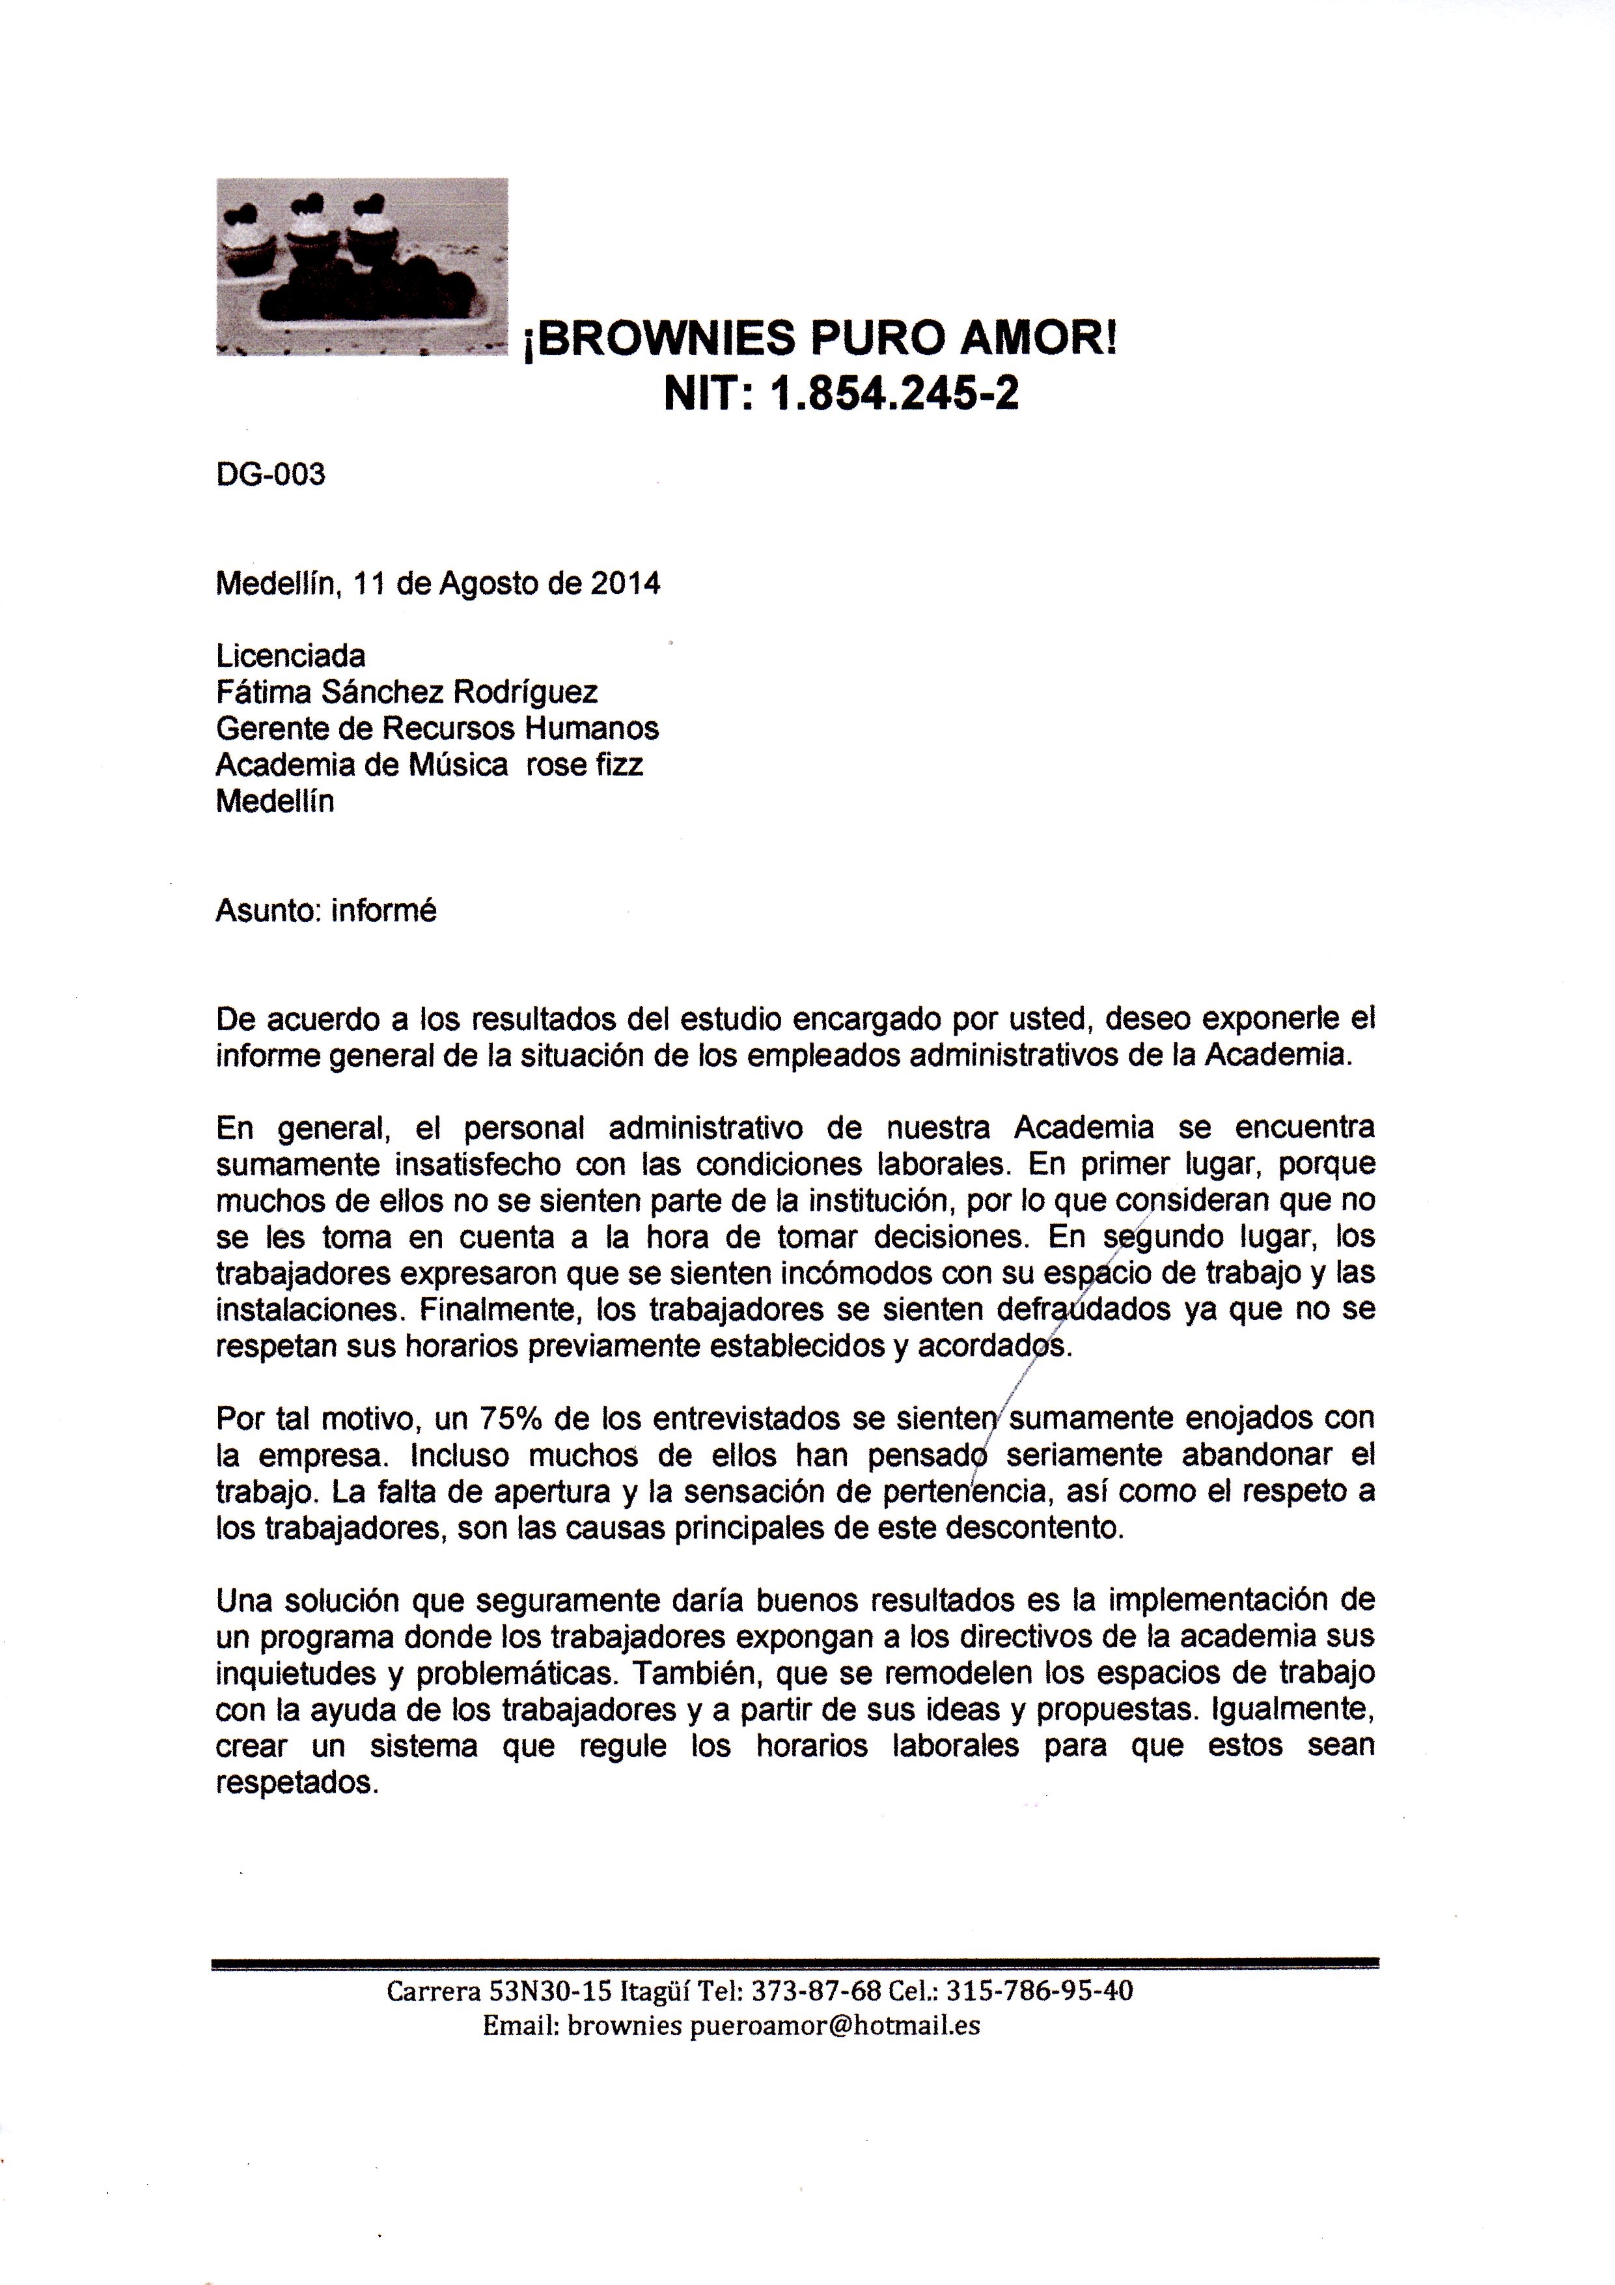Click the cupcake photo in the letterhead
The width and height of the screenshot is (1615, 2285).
click(362, 267)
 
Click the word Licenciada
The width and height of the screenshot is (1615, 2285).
click(290, 656)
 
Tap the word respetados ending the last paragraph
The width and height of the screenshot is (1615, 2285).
click(297, 1782)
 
